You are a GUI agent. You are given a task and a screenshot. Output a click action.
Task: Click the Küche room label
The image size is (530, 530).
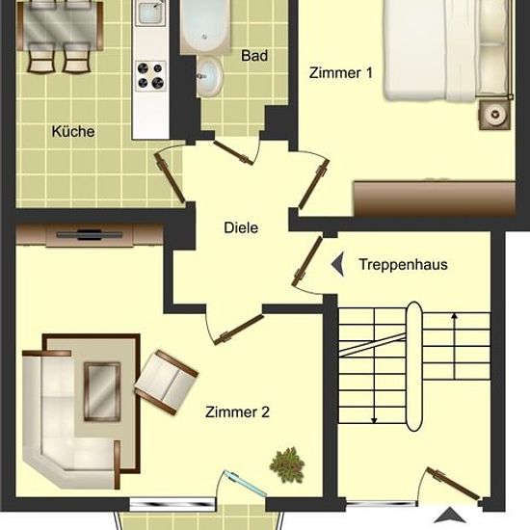pyautogui.click(x=73, y=131)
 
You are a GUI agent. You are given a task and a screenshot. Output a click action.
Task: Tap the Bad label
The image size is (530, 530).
pyautogui.click(x=254, y=56)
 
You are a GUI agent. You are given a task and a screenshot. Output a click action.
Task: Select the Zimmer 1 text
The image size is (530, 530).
pyautogui.click(x=341, y=73)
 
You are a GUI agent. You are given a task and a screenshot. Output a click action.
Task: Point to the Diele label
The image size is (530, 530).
pyautogui.click(x=241, y=227)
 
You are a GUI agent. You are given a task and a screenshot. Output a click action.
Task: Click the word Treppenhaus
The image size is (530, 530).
pyautogui.click(x=403, y=264)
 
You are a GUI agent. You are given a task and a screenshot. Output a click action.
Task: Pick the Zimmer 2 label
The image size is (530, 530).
pyautogui.click(x=237, y=412)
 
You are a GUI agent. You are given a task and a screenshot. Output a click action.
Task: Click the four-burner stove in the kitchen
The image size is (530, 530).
pyautogui.click(x=150, y=76)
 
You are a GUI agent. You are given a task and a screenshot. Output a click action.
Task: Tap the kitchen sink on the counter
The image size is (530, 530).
pyautogui.click(x=150, y=13)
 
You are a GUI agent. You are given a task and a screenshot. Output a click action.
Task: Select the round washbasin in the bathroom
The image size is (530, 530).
pyautogui.click(x=209, y=76)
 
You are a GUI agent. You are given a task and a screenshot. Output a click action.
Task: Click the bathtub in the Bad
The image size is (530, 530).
pyautogui.click(x=203, y=26)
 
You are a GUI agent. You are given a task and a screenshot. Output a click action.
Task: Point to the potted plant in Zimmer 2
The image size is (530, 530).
pyautogui.click(x=287, y=464)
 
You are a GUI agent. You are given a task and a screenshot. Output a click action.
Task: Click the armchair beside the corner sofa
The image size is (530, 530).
pyautogui.click(x=167, y=383)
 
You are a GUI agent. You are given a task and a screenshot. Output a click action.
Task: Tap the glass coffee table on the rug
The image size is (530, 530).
pyautogui.click(x=102, y=392)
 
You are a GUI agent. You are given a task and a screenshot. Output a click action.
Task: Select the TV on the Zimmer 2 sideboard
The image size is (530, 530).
pyautogui.click(x=90, y=234)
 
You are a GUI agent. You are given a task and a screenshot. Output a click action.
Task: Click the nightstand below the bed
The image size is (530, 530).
pyautogui.click(x=495, y=115)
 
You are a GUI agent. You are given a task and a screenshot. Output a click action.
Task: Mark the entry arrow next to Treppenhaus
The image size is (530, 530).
pyautogui.click(x=337, y=264)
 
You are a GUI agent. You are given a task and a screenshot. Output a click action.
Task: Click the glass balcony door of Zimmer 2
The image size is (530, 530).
pyautogui.click(x=244, y=484)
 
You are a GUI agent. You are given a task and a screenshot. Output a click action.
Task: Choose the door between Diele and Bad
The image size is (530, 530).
pyautogui.click(x=234, y=153)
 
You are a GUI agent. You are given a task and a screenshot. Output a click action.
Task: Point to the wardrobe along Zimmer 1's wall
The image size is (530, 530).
pyautogui.click(x=435, y=199)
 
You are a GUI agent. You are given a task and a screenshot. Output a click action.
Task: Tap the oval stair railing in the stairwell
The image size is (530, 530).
pyautogui.click(x=414, y=366)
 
